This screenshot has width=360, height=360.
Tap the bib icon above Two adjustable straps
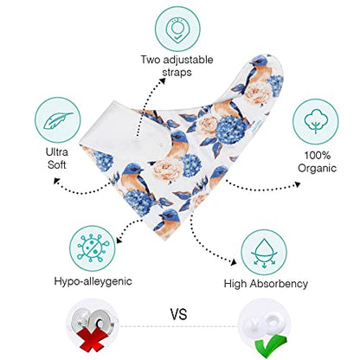pyautogui.click(x=177, y=29)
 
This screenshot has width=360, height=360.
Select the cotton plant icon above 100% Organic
pyautogui.click(x=315, y=121)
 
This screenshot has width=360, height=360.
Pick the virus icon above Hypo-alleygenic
pyautogui.click(x=93, y=248)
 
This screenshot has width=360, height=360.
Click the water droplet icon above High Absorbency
pyautogui.click(x=264, y=252)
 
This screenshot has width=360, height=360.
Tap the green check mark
pyautogui.click(x=270, y=344)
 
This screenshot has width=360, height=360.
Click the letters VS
pyautogui.click(x=178, y=314)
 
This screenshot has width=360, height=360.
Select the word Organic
pyautogui.click(x=317, y=168)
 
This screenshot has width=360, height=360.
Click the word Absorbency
pyautogui.click(x=279, y=284)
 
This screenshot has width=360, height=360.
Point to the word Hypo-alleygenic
pyautogui.click(x=93, y=281)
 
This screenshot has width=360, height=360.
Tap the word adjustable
pyautogui.click(x=188, y=60)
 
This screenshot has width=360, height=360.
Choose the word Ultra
pyautogui.click(x=57, y=152)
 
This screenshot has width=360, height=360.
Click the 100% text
pyautogui.click(x=318, y=156)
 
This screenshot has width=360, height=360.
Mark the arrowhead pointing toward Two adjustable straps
pyautogui.click(x=163, y=80)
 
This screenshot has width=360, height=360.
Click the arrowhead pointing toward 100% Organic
pyautogui.click(x=297, y=184)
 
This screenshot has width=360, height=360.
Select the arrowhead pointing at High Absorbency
pyautogui.click(x=234, y=261)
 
